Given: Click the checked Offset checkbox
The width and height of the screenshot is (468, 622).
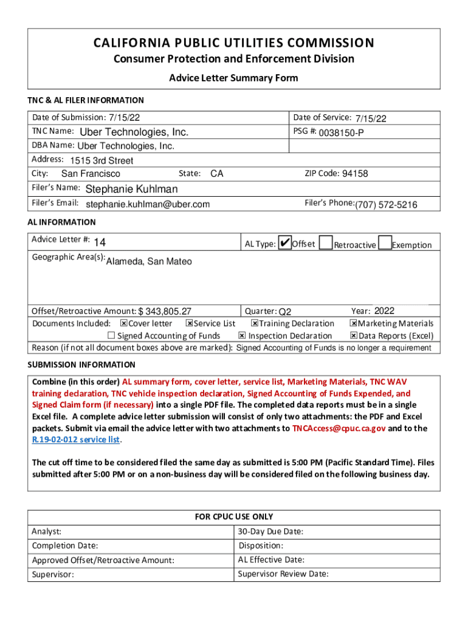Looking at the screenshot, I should [284, 243].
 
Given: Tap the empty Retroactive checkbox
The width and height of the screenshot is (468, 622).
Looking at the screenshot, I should [326, 243].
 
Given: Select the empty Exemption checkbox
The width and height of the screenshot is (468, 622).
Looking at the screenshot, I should [384, 243].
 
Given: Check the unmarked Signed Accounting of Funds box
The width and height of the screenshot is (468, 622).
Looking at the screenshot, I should [111, 336].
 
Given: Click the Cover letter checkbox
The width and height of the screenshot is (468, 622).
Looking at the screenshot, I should [123, 324].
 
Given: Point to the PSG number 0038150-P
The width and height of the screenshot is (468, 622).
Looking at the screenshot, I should [342, 132].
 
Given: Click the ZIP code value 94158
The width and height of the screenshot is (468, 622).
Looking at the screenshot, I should [355, 174].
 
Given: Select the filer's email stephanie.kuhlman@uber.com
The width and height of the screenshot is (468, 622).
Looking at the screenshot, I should [148, 204].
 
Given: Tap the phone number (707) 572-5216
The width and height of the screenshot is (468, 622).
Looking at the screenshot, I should [386, 205].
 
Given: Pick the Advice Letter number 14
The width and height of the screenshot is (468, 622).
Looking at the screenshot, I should [100, 243].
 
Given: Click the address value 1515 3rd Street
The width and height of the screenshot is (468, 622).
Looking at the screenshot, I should [102, 161].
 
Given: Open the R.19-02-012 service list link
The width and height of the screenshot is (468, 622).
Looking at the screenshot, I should [76, 439].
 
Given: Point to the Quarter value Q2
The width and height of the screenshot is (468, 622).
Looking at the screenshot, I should [285, 312].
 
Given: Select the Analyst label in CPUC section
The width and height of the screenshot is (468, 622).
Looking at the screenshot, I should [46, 531].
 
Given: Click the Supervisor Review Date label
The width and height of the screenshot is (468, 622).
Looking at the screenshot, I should [283, 573].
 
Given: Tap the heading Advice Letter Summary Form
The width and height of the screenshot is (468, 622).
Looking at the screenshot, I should [233, 78].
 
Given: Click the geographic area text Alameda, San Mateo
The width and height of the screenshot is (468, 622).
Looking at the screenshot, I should [149, 261].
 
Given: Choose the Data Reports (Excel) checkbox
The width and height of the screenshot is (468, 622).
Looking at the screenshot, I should [353, 336].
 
